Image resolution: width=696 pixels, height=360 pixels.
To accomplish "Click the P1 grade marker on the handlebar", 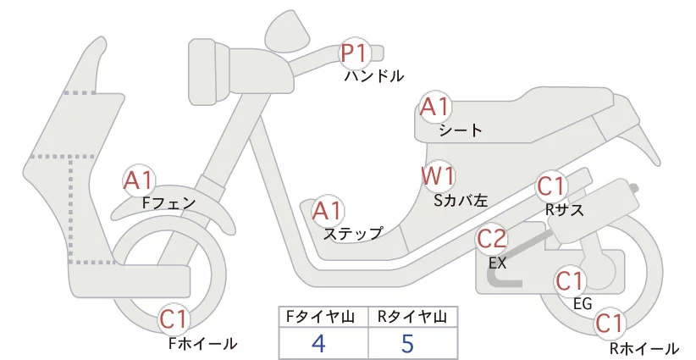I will pos(354,53).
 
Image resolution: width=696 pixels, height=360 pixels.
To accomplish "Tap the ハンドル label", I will pos(373,76).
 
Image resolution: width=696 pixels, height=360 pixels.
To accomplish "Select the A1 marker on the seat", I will pos(436,108).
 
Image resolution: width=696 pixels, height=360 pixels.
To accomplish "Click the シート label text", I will pos(461,130).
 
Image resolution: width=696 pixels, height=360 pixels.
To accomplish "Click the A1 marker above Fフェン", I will pos(138,180).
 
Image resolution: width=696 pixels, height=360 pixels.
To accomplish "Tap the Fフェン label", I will pos(168,203).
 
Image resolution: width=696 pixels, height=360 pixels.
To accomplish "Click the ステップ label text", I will pos(353,233).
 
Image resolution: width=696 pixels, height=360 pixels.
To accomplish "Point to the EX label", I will pos(497,263).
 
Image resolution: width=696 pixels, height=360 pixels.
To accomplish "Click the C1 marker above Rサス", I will pos(551,186).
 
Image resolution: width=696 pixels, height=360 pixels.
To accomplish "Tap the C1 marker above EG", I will pos(570,280).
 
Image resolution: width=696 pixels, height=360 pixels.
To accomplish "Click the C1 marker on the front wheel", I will pos(175,319).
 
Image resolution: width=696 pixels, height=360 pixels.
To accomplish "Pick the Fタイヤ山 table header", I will pos(324,317).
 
